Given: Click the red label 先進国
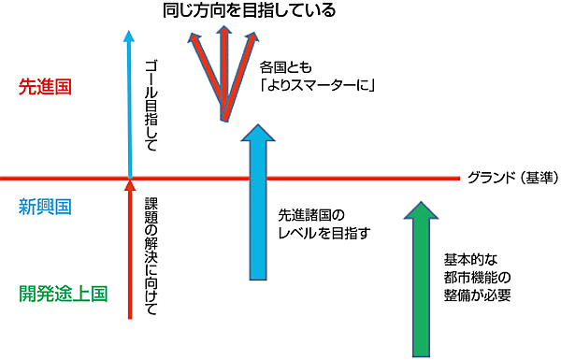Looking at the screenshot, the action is pos(46,87).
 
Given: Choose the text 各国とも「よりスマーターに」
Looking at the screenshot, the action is pos(317,79).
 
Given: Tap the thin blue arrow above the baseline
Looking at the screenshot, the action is pos(130,103).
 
